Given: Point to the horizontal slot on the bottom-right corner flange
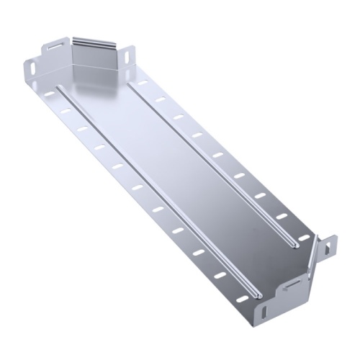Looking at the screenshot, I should (x=290, y=287).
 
